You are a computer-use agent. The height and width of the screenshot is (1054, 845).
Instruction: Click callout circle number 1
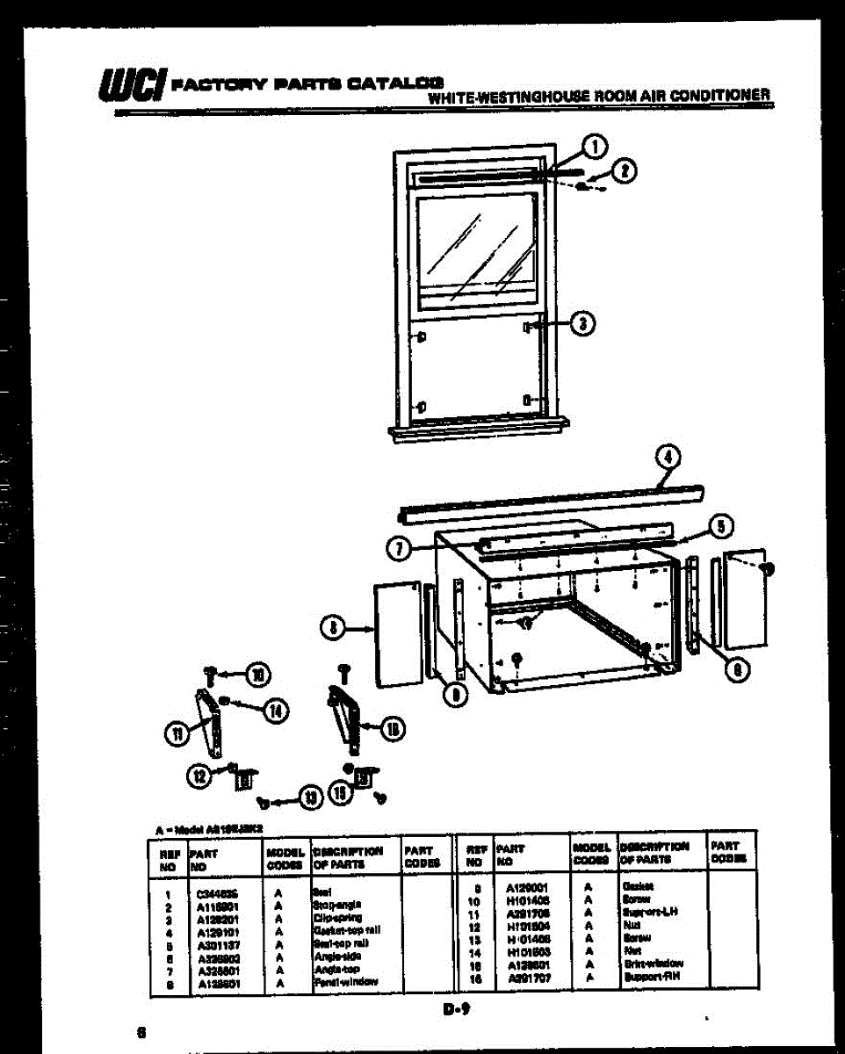(x=595, y=147)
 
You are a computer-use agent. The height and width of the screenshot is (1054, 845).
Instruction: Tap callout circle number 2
(x=624, y=171)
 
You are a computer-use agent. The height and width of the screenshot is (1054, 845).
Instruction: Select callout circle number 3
(x=581, y=324)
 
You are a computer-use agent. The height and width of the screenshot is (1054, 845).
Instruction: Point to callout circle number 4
(x=668, y=457)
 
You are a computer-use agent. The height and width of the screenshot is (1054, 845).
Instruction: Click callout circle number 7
(x=400, y=548)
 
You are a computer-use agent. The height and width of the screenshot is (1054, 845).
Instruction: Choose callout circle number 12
(x=200, y=775)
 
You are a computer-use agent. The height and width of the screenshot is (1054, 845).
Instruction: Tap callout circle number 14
(x=276, y=711)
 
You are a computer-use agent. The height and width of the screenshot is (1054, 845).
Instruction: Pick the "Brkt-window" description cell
(x=652, y=964)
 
